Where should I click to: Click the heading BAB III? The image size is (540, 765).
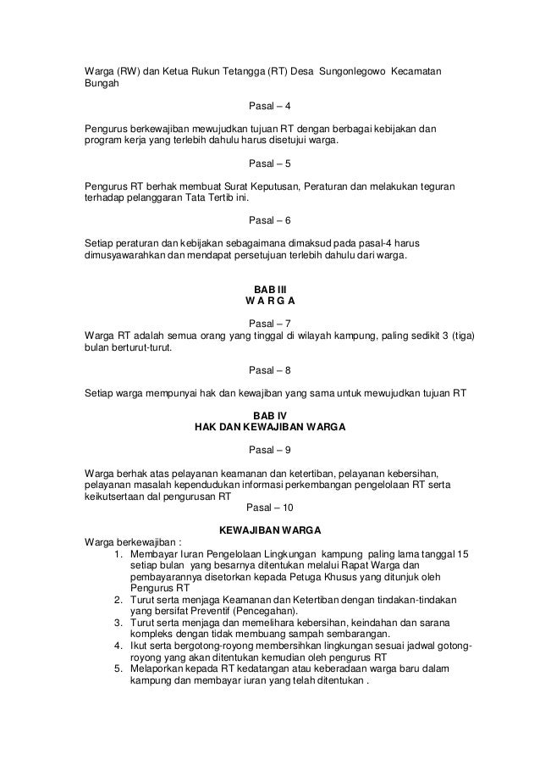point(270,290)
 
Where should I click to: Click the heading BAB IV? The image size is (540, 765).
point(270,416)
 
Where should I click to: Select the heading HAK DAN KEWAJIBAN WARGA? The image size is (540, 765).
point(270,428)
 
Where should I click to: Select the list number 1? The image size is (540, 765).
point(118,554)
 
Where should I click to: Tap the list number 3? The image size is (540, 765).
point(118,623)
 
